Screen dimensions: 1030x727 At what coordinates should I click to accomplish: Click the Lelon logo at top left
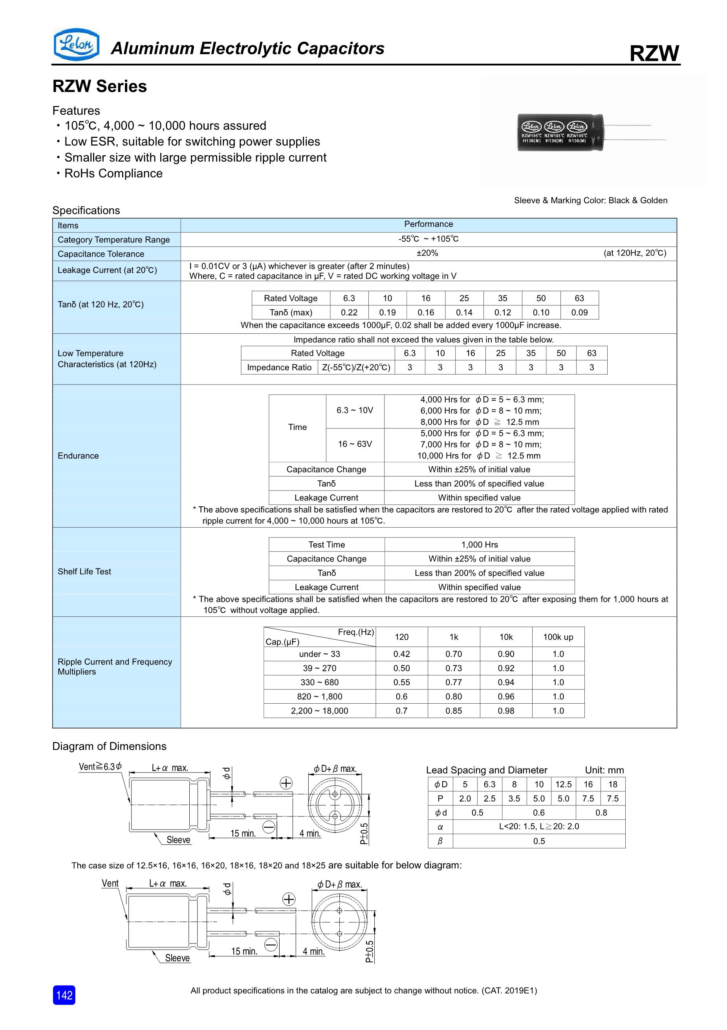pyautogui.click(x=76, y=44)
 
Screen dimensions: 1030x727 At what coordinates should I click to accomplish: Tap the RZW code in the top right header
pyautogui.click(x=654, y=53)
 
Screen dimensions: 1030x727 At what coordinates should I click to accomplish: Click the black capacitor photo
pyautogui.click(x=560, y=132)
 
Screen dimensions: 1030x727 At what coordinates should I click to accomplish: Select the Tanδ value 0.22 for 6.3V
pyautogui.click(x=349, y=312)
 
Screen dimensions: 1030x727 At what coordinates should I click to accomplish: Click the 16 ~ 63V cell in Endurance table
pyautogui.click(x=355, y=444)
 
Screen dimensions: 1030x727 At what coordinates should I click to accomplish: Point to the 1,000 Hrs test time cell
pyautogui.click(x=479, y=544)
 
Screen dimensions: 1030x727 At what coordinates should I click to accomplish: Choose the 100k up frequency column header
pyautogui.click(x=558, y=637)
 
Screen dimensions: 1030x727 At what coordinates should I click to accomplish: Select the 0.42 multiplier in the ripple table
pyautogui.click(x=402, y=654)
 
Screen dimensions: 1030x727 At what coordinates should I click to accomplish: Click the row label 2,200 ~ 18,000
pyautogui.click(x=319, y=711)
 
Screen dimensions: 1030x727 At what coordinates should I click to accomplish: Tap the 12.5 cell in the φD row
pyautogui.click(x=563, y=784)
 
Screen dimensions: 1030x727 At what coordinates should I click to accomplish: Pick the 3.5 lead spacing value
pyautogui.click(x=514, y=798)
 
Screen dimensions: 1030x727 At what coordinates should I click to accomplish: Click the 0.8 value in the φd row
pyautogui.click(x=601, y=813)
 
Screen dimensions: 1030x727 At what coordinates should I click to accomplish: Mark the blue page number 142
pyautogui.click(x=64, y=995)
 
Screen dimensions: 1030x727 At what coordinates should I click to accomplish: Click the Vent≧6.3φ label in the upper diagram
pyautogui.click(x=100, y=767)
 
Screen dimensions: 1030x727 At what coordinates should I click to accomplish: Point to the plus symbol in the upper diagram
pyautogui.click(x=286, y=783)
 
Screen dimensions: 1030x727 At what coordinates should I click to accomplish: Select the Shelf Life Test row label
pyautogui.click(x=84, y=572)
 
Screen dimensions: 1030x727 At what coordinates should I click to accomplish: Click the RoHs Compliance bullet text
pyautogui.click(x=114, y=174)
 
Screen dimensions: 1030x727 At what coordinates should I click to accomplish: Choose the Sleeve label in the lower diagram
pyautogui.click(x=178, y=958)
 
